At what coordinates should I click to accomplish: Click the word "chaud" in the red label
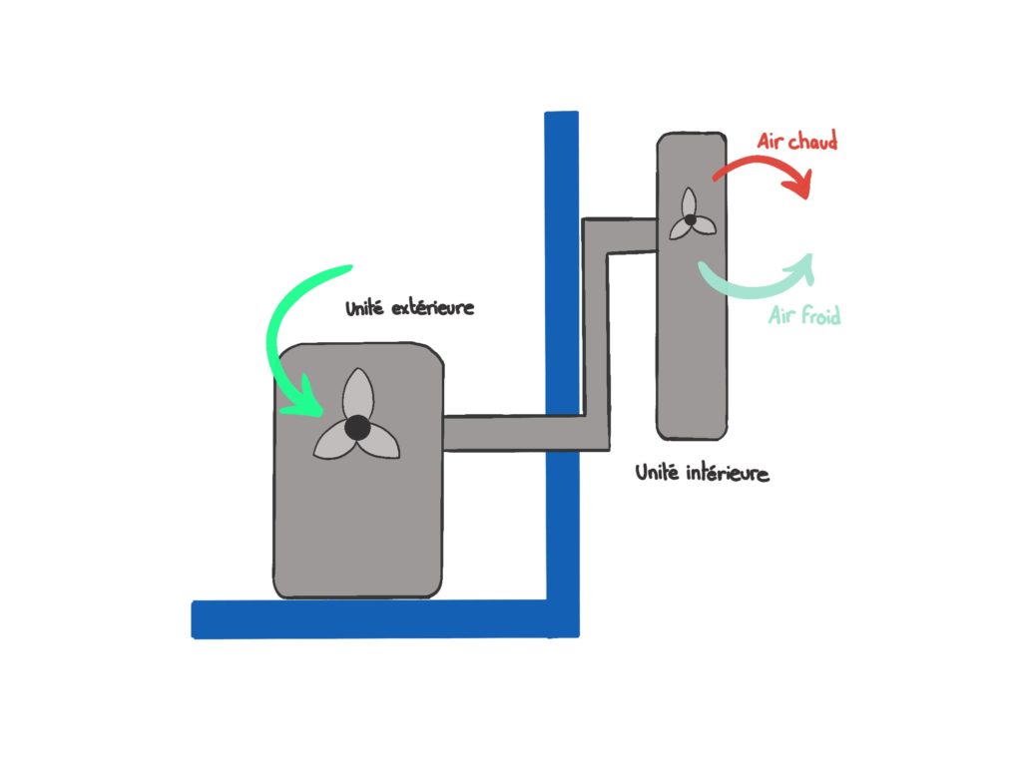click(812, 141)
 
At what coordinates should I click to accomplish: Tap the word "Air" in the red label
click(771, 141)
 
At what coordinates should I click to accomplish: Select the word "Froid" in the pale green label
click(820, 317)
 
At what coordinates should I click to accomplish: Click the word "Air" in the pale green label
click(783, 317)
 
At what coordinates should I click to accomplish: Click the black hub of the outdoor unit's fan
click(356, 428)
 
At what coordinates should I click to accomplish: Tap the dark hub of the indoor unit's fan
click(689, 218)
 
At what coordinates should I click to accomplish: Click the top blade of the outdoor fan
click(356, 393)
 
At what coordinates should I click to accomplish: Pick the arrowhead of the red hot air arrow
click(801, 186)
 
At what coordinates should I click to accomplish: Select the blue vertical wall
click(561, 299)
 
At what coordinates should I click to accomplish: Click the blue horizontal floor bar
click(369, 618)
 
